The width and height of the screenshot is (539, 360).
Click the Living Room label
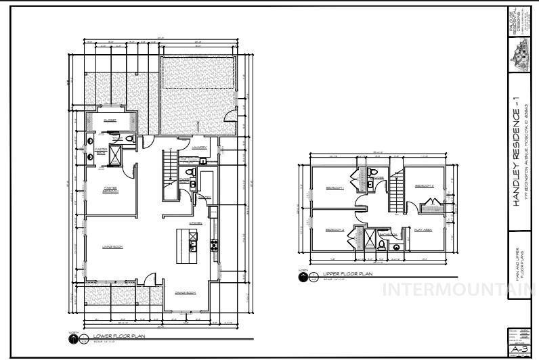tap(112, 246)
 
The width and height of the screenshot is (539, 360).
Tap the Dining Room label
tap(185, 292)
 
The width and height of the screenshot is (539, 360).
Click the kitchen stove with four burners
tap(215, 245)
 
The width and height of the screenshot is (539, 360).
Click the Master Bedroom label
tap(111, 189)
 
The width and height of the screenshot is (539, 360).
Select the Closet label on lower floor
tap(109, 120)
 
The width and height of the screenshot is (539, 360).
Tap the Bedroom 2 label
tap(335, 230)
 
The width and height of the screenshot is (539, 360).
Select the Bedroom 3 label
tap(424, 185)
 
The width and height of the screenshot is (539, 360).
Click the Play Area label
tap(423, 230)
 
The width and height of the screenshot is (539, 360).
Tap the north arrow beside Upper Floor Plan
tap(303, 276)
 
